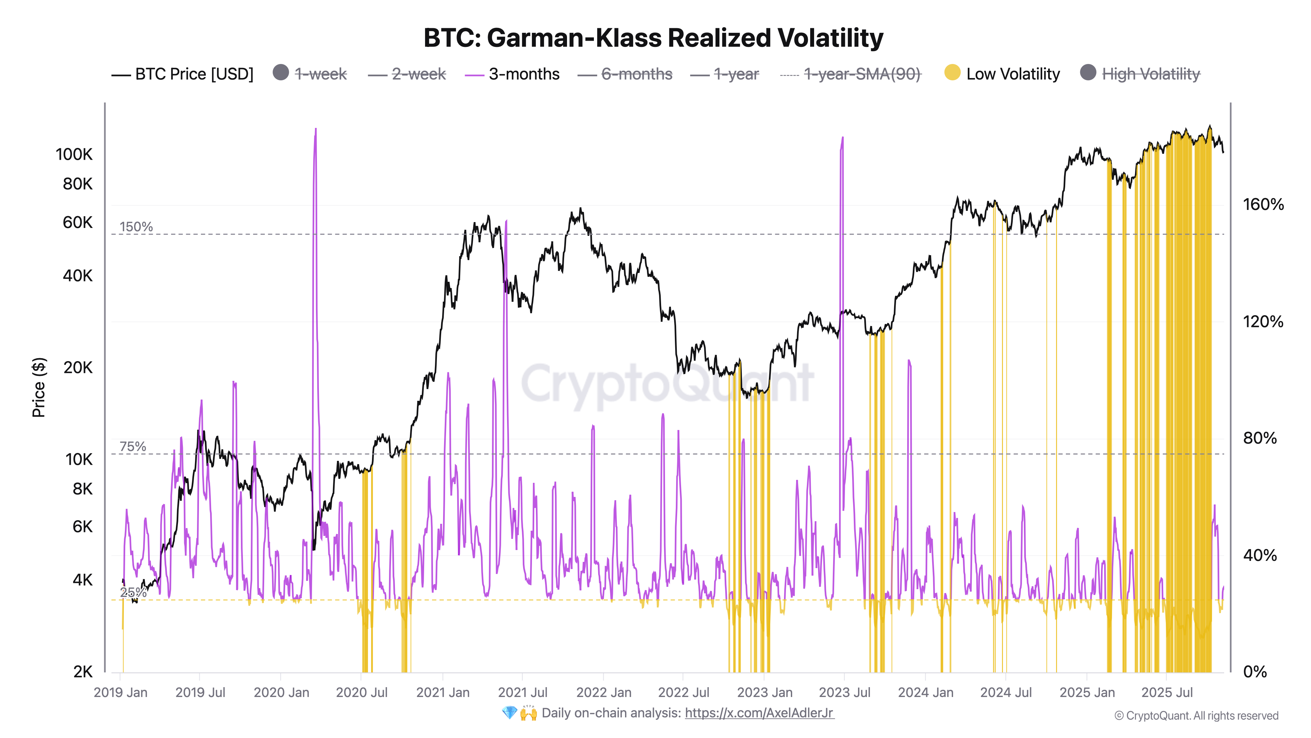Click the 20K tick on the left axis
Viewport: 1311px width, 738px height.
[78, 367]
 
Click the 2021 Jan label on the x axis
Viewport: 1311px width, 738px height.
[442, 693]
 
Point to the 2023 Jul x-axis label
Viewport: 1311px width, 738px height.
[844, 693]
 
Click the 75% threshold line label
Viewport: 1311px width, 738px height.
[132, 447]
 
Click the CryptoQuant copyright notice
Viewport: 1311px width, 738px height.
[1196, 716]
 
